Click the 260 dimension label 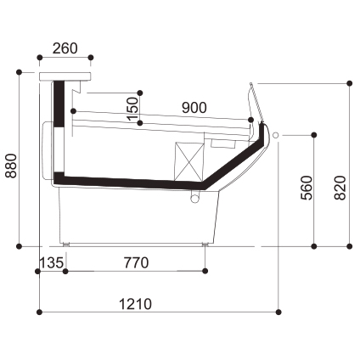pyautogui.click(x=65, y=48)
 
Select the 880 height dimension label pyautogui.click(x=12, y=166)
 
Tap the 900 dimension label pyautogui.click(x=194, y=108)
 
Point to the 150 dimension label pyautogui.click(x=132, y=109)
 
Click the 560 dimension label pyautogui.click(x=307, y=188)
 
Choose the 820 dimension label pyautogui.click(x=340, y=188)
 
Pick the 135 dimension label pyautogui.click(x=51, y=263)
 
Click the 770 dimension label pyautogui.click(x=136, y=263)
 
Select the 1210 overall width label pyautogui.click(x=135, y=305)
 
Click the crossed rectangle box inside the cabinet pyautogui.click(x=188, y=162)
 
